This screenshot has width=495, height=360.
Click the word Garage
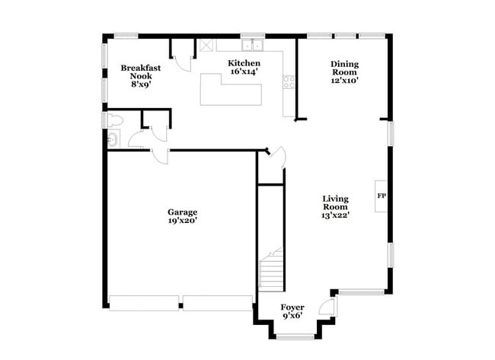(x=183, y=212)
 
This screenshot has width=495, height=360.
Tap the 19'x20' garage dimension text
(x=183, y=221)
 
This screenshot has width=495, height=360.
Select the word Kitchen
(x=244, y=63)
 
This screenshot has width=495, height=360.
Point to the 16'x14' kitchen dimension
(x=244, y=72)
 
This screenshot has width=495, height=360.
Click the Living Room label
(x=335, y=202)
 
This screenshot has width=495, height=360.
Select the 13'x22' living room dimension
(x=335, y=215)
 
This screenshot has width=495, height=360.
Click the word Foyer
(x=292, y=307)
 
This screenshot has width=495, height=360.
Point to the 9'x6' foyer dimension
(x=292, y=317)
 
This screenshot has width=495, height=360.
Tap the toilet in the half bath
(x=114, y=120)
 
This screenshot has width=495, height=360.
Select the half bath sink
(x=113, y=139)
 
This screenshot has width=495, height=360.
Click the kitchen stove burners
(x=289, y=81)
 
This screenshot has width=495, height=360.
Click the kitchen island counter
(x=231, y=90)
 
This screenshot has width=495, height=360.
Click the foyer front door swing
(x=325, y=307)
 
